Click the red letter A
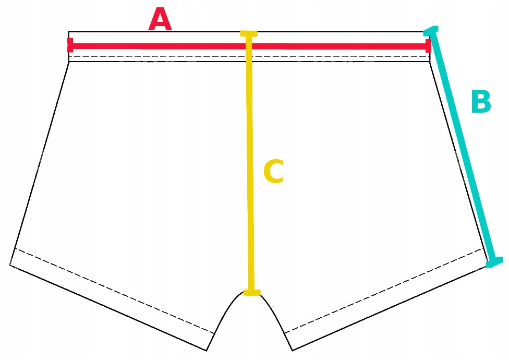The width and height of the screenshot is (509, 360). click(x=160, y=21)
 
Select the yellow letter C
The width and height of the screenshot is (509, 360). click(x=273, y=172)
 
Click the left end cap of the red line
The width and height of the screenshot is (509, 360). click(x=70, y=45)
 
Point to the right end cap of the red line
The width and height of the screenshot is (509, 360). click(x=428, y=46)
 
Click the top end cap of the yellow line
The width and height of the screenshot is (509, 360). click(x=249, y=34)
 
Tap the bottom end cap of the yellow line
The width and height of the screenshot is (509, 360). click(x=251, y=292)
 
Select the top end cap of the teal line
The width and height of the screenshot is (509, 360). click(x=431, y=30)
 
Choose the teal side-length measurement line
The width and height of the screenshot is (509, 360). click(x=462, y=146)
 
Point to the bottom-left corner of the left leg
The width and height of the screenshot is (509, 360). click(x=10, y=265)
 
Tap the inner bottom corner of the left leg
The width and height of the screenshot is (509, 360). click(x=207, y=350)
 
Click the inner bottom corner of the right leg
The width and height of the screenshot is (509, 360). click(x=293, y=350)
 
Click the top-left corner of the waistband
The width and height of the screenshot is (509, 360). click(x=69, y=32)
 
